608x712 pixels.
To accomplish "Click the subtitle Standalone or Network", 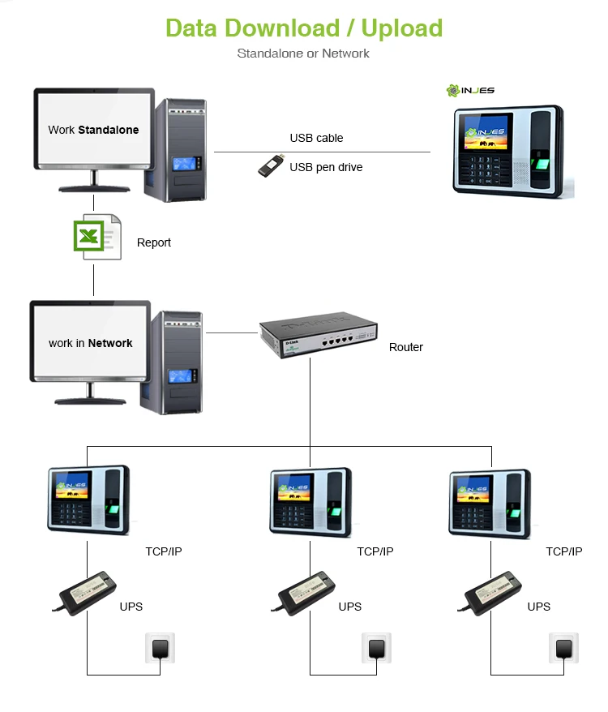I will pos(303,54).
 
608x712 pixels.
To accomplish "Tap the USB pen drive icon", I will pos(270,165).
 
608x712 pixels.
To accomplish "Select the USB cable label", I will pos(316,138).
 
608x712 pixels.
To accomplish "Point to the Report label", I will pos(154,242).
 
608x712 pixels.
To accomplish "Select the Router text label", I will pos(406,347).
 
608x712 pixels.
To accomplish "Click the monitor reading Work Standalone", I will pos(93,130).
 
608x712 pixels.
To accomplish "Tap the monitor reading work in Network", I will pos(90,343).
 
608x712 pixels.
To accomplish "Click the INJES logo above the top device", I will pos(470,90).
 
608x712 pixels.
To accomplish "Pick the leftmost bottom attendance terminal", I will pos(88,500).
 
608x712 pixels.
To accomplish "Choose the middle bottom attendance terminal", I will pos(310,500).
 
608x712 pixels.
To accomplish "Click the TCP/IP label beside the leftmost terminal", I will pos(164,551).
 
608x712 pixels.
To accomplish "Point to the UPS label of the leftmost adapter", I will pos(131,607).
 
